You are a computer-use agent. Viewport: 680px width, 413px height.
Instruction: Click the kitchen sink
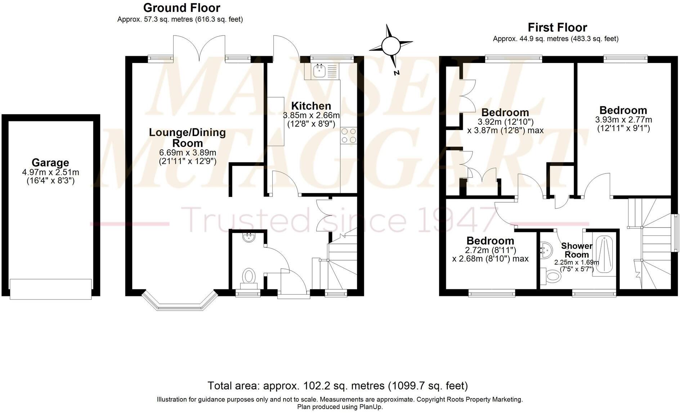click(320, 71)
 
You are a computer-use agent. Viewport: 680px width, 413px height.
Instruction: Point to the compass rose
click(390, 46)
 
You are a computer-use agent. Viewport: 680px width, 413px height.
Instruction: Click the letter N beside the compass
click(397, 73)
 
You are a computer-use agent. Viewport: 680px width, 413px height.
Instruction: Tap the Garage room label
click(50, 163)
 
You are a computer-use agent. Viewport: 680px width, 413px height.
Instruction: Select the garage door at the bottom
click(51, 289)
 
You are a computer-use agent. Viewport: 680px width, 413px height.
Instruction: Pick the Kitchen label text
click(311, 106)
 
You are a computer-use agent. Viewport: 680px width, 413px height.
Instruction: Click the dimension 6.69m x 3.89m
click(187, 153)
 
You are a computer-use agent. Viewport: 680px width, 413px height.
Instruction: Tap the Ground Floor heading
click(182, 8)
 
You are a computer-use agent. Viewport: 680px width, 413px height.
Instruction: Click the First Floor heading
click(557, 27)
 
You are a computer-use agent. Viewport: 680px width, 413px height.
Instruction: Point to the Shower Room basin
click(546, 250)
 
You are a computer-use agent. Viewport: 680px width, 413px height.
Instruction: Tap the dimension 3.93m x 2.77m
click(623, 120)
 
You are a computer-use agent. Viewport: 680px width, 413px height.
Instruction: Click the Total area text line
click(337, 386)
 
